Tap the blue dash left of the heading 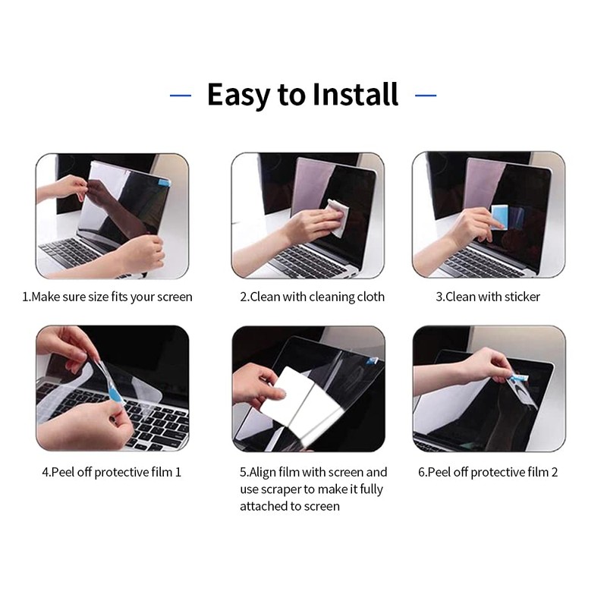(x=181, y=96)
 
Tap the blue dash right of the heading (x=426, y=96)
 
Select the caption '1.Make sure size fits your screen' (x=107, y=297)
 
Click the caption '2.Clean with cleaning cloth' (x=312, y=297)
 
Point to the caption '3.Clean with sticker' (x=488, y=297)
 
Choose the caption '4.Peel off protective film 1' (x=112, y=472)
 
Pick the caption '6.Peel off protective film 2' (x=488, y=472)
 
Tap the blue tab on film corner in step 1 (x=162, y=182)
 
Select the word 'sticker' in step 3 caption (x=521, y=297)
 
